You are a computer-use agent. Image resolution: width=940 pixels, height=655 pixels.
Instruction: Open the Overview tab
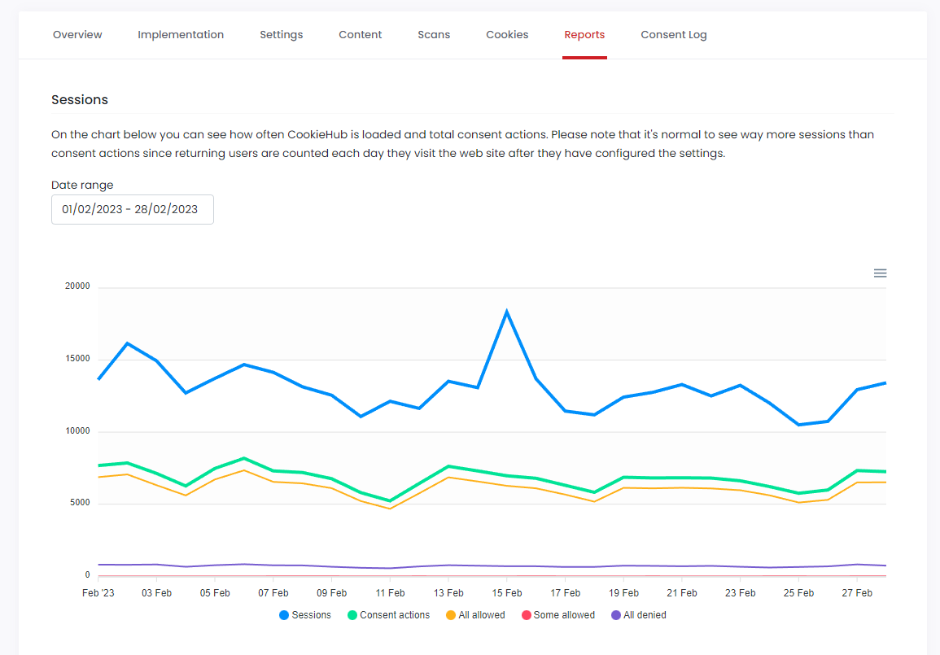(x=77, y=35)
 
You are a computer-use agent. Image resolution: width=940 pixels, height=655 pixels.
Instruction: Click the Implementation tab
(x=181, y=35)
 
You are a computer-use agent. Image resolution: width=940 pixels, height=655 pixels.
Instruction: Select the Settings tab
(x=282, y=35)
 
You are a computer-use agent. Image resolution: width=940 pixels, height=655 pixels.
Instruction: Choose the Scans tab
(x=434, y=35)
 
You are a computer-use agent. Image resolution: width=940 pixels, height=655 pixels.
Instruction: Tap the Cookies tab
(x=507, y=35)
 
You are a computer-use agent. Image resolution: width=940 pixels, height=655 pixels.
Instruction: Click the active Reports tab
(x=584, y=35)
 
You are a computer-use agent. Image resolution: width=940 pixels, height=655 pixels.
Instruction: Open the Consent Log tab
(x=673, y=35)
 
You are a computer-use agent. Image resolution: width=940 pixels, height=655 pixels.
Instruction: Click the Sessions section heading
(x=80, y=100)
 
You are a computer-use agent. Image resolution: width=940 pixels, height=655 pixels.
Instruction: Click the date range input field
(x=132, y=209)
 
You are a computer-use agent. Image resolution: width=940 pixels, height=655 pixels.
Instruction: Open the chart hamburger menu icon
(x=880, y=273)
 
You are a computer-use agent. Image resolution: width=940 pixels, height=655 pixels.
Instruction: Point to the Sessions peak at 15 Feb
(x=507, y=312)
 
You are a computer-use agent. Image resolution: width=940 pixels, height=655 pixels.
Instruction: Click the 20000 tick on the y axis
(x=77, y=287)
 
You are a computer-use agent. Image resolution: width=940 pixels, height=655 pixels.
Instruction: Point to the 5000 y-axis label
(x=80, y=504)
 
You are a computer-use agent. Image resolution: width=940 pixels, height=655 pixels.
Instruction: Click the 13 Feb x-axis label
(x=448, y=593)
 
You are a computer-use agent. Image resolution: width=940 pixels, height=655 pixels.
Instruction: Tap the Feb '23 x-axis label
(x=98, y=593)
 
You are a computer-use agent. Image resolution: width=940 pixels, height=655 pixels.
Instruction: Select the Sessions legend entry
(x=305, y=615)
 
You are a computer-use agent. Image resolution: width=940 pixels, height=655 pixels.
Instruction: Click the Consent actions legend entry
(x=388, y=615)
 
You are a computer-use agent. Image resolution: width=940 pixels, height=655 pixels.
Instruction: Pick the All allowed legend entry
(x=475, y=615)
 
